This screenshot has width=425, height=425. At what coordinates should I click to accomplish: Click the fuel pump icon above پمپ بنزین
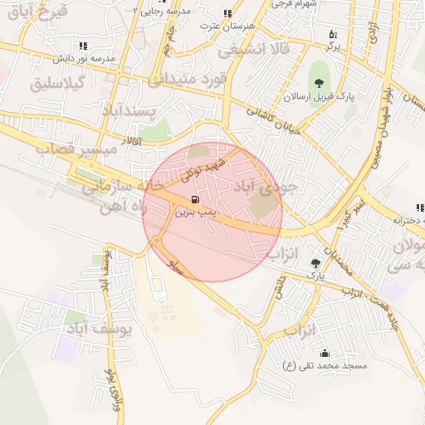click(x=195, y=199)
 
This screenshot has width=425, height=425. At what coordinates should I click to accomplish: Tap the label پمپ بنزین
click(x=195, y=212)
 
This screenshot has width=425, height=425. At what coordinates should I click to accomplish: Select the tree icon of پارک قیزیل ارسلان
click(x=319, y=81)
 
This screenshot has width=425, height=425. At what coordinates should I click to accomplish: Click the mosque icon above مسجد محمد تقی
click(x=324, y=353)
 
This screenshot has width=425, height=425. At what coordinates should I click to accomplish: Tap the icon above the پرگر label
click(x=333, y=34)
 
